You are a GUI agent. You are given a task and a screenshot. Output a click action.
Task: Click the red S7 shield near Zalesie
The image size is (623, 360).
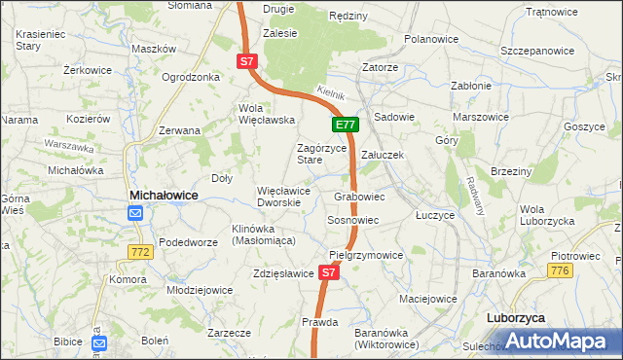247,61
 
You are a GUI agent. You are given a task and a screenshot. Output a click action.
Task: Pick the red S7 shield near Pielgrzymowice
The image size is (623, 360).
329,273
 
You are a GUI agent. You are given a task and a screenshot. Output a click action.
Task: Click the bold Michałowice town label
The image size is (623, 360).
164,196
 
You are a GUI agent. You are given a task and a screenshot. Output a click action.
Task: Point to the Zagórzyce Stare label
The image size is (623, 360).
321,154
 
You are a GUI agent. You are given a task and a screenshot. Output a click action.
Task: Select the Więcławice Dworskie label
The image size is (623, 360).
284,197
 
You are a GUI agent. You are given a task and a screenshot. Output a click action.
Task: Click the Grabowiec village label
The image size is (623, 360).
359,197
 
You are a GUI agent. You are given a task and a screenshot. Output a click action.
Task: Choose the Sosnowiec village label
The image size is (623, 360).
352,221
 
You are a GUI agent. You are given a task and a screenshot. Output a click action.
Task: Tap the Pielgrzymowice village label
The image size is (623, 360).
366,255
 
